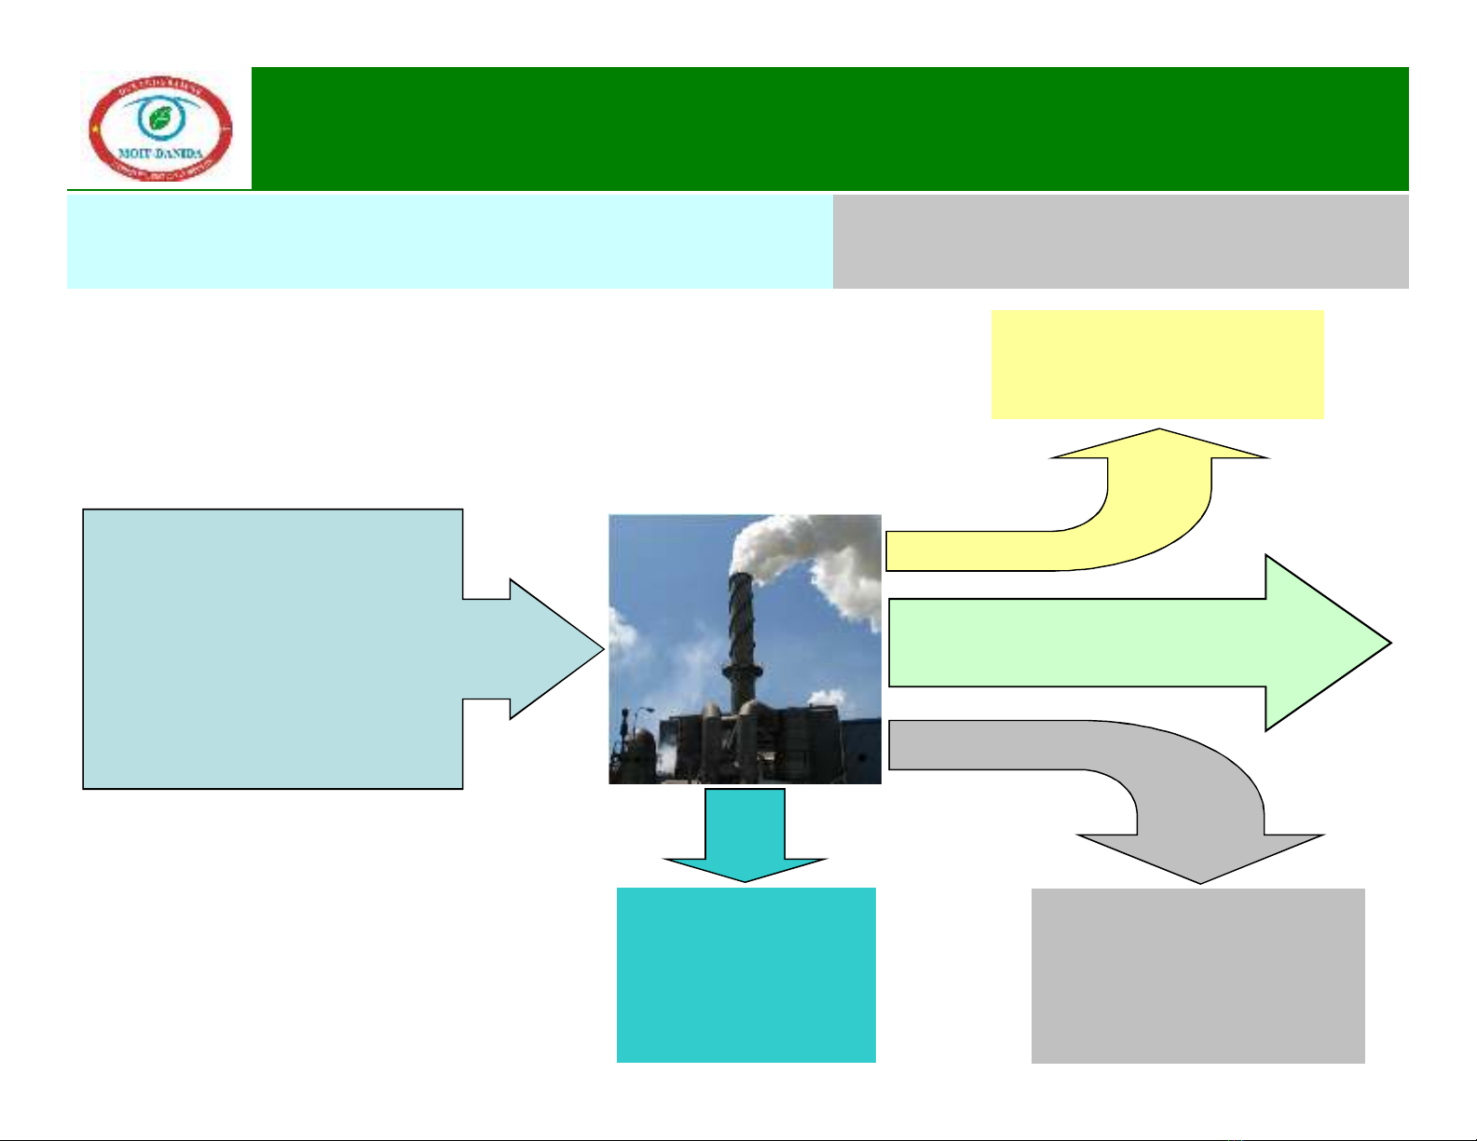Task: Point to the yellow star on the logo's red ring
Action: tap(94, 130)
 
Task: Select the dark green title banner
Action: tap(829, 129)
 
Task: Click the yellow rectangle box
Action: tap(1157, 364)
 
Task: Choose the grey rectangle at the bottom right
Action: tap(1197, 975)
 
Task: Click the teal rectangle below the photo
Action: tap(745, 974)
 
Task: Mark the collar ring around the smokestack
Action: tap(742, 669)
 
